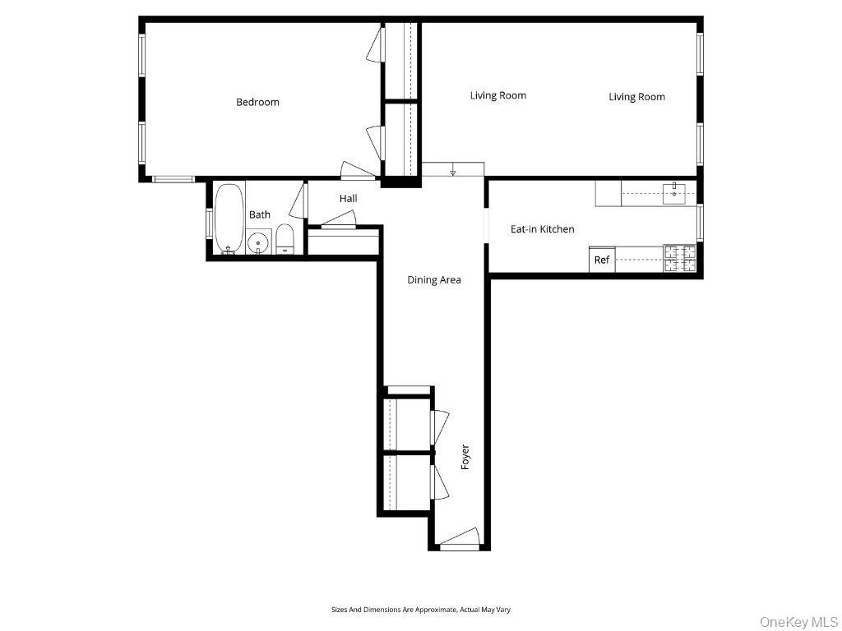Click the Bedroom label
(257, 103)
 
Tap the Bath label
(260, 215)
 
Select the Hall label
(348, 199)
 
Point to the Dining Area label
(434, 280)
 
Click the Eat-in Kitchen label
(542, 229)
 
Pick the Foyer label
(465, 457)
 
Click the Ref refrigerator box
(602, 260)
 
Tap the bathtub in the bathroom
(229, 218)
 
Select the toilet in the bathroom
(285, 239)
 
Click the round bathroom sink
(259, 242)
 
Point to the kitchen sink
(674, 193)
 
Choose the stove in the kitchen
(680, 258)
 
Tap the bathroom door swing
(298, 204)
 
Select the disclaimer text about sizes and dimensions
(420, 610)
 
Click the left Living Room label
(497, 96)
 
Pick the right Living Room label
(636, 97)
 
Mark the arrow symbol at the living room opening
(452, 173)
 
